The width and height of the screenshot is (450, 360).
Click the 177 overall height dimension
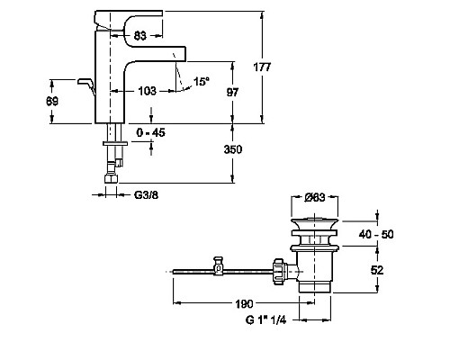pos(262,67)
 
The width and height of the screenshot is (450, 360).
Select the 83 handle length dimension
pos(140,36)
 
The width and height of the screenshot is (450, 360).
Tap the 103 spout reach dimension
pos(148,91)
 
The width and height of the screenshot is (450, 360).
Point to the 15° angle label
pos(202,81)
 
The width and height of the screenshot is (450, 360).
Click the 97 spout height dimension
pos(232,92)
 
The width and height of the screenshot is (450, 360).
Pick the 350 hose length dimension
pos(233,149)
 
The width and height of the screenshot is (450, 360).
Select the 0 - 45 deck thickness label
pos(150,132)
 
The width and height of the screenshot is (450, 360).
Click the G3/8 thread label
pos(146,195)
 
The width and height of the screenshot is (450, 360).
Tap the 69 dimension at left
pos(52,102)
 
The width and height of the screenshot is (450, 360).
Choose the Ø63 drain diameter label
pos(315,197)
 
